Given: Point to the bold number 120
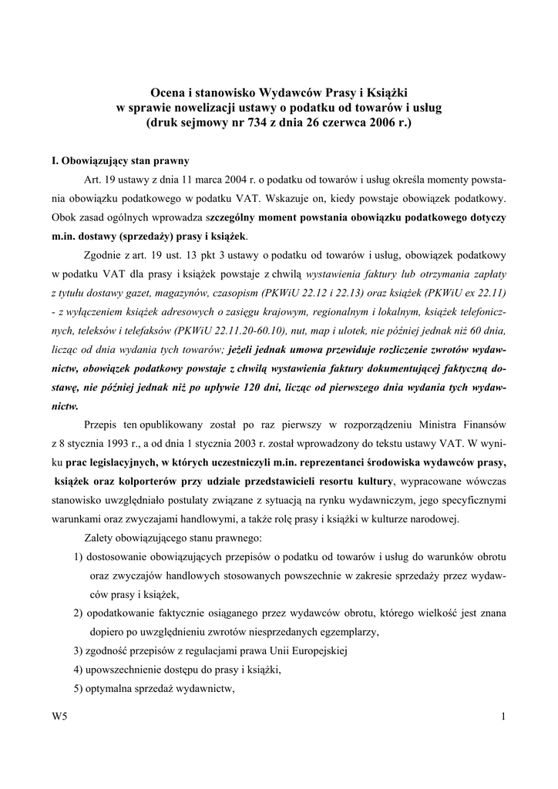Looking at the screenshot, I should point(303,386).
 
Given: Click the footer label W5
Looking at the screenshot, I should point(58,718).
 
